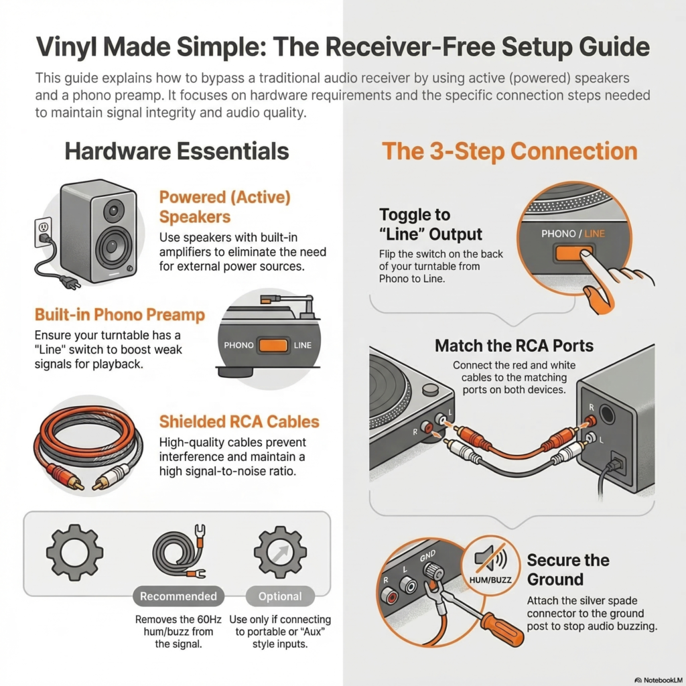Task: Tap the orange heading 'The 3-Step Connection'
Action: click(509, 151)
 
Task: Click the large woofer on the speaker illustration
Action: click(113, 247)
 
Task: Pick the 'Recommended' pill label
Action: click(178, 596)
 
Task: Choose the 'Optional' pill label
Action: click(280, 596)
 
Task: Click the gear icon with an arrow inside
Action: click(280, 552)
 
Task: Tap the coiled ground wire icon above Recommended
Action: click(178, 553)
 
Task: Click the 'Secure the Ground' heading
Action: click(567, 569)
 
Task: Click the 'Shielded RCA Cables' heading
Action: click(238, 421)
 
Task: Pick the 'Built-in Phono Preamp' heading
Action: click(119, 314)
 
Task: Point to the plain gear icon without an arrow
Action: click(74, 552)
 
